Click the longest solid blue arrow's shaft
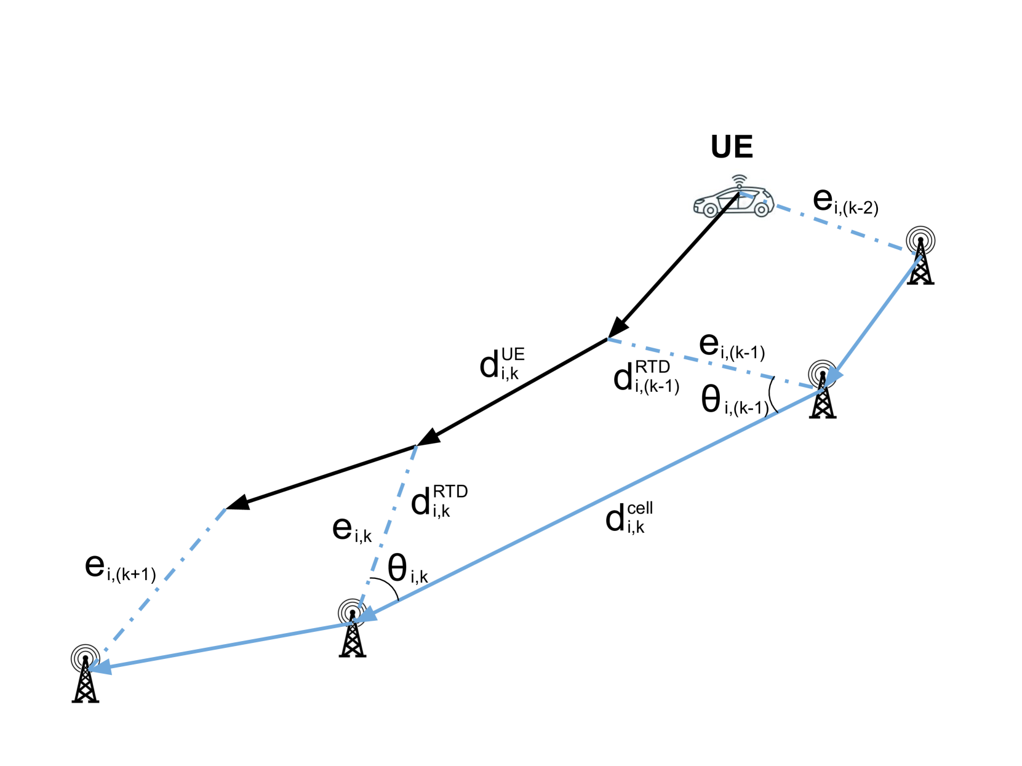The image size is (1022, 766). click(x=591, y=505)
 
